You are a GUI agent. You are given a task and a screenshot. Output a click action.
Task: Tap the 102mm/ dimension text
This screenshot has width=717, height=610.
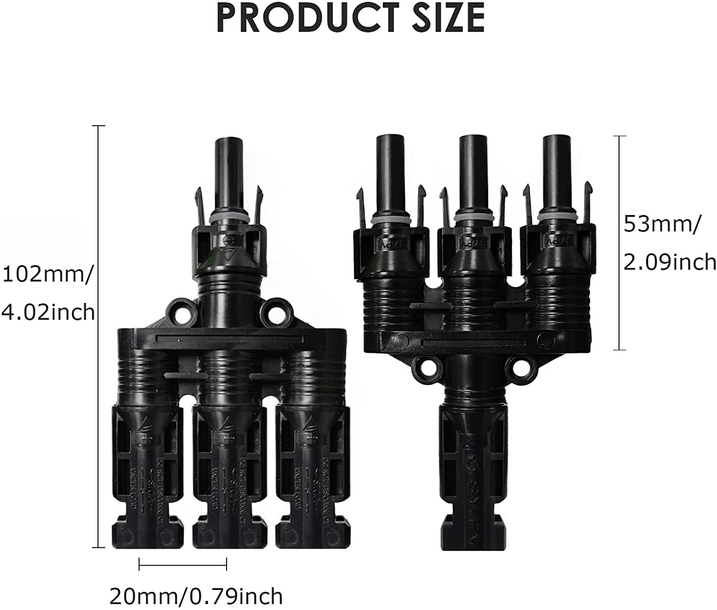[46, 276]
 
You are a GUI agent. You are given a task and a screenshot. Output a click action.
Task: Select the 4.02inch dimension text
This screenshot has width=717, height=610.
[48, 313]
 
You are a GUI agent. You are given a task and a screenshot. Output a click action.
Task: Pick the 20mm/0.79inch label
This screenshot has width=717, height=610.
[196, 596]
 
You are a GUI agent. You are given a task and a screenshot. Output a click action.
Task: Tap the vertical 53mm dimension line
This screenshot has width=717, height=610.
[619, 243]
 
